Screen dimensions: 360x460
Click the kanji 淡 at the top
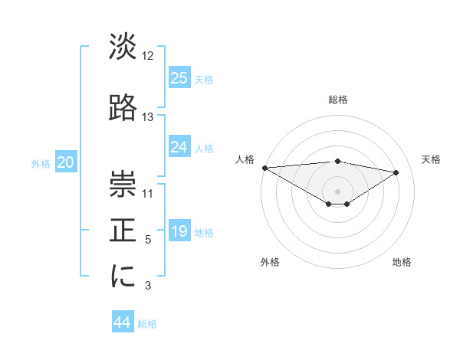(x=123, y=47)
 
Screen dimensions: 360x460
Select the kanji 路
(x=123, y=108)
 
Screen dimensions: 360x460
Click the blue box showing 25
(x=179, y=77)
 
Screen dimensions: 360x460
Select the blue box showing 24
(x=179, y=147)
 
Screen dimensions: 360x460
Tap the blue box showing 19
(x=179, y=232)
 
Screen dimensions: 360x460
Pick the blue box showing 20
(x=66, y=162)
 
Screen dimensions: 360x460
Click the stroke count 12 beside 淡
(x=148, y=56)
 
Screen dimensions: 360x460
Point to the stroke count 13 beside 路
(x=148, y=117)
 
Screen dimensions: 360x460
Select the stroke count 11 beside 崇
(x=148, y=193)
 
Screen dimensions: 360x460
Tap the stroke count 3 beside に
(x=148, y=286)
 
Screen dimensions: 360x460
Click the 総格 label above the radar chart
(x=337, y=100)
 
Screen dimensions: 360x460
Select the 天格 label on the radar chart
(x=431, y=159)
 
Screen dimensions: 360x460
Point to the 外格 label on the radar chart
(x=269, y=262)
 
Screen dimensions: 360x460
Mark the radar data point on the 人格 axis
(x=264, y=168)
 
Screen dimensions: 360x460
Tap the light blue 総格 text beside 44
(x=147, y=324)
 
